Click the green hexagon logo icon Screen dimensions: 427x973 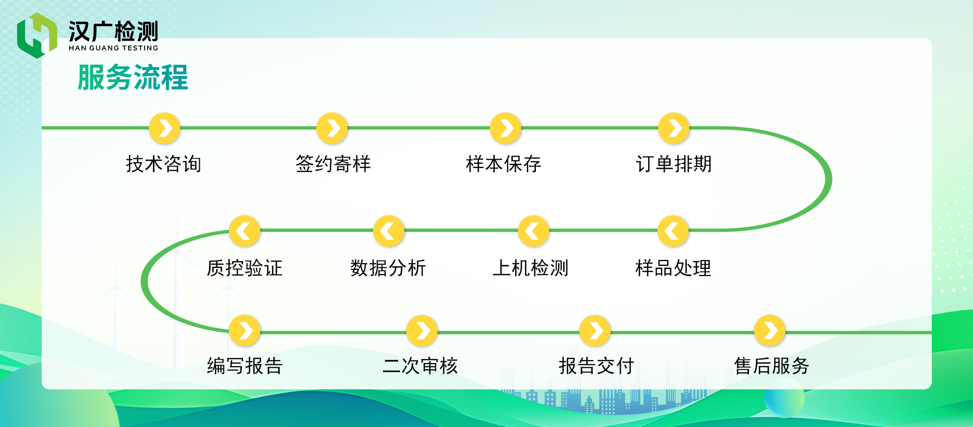(x=37, y=35)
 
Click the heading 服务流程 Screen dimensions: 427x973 (x=133, y=78)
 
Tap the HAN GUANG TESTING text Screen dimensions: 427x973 (x=113, y=48)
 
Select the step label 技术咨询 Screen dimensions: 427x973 (x=164, y=164)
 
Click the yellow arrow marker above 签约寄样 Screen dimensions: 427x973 (x=332, y=128)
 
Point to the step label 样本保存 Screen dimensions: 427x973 (x=503, y=164)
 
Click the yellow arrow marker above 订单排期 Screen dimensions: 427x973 (x=674, y=128)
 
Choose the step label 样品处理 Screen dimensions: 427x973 (x=673, y=268)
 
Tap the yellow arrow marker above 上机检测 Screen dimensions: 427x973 (x=533, y=231)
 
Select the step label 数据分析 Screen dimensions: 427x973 (x=388, y=268)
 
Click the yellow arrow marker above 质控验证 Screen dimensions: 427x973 (x=245, y=231)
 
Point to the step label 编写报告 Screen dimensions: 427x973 (x=245, y=366)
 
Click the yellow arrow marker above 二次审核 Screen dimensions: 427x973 (x=422, y=330)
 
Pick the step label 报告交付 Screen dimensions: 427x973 (x=596, y=366)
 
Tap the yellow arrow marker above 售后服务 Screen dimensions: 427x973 (x=770, y=330)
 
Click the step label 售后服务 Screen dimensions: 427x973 (x=772, y=366)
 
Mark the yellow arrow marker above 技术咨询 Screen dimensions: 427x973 (x=165, y=128)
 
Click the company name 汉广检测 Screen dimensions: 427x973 (x=113, y=31)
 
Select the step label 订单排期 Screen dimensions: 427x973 (x=673, y=164)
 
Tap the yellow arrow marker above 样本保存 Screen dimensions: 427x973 (x=506, y=128)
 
